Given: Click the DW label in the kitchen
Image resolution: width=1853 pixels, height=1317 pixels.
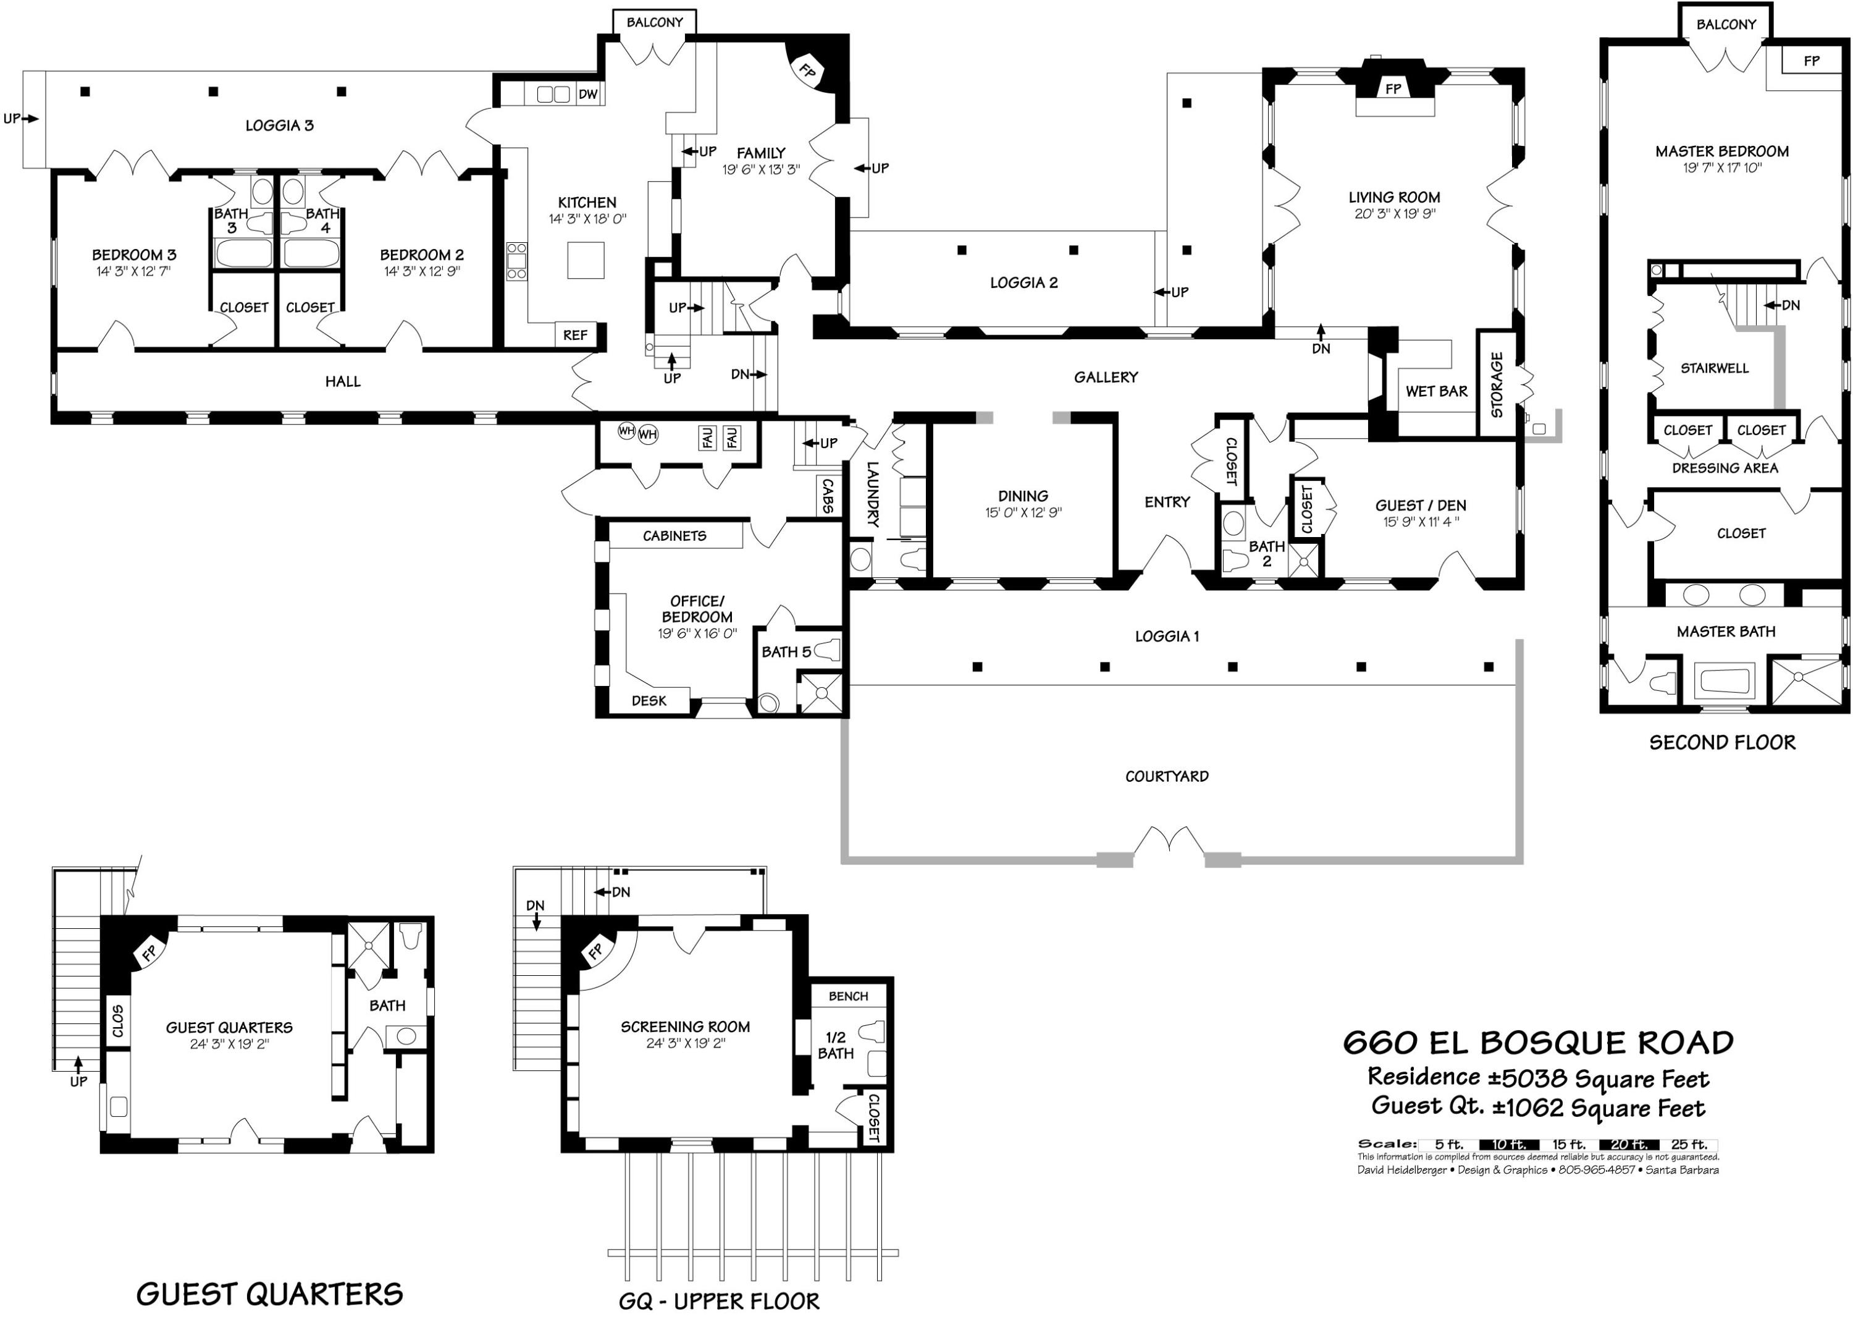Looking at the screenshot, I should click(x=587, y=94).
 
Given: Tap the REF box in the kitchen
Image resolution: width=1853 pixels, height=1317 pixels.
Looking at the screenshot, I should click(x=574, y=335).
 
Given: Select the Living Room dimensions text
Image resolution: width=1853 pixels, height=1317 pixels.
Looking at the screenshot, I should click(x=1394, y=214).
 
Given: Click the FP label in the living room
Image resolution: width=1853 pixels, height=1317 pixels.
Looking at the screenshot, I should click(x=1393, y=88).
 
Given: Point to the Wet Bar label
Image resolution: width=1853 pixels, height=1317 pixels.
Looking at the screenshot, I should click(x=1436, y=391).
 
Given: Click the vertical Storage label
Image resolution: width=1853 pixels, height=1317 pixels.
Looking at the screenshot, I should click(x=1497, y=384).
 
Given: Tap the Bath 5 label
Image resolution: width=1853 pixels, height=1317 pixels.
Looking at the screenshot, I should click(x=786, y=652).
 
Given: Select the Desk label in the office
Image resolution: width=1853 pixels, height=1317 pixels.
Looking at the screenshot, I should click(x=649, y=701).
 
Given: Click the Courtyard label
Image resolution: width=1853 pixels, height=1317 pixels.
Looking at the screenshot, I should click(x=1166, y=776).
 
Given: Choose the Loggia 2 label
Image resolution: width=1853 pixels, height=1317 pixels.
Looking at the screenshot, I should click(x=1023, y=282).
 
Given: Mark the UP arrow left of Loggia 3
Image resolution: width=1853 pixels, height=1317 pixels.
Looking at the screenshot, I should click(x=20, y=119).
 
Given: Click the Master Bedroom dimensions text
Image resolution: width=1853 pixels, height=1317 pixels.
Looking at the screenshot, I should click(x=1721, y=169).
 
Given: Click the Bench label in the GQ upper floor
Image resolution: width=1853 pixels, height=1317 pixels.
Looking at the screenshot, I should click(x=848, y=996).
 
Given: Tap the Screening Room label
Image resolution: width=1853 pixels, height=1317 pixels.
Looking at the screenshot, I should click(x=685, y=1027).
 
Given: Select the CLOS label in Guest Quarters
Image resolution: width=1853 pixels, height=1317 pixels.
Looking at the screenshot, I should click(x=117, y=1020).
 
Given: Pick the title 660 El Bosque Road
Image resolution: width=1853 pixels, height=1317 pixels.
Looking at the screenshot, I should click(x=1538, y=1042).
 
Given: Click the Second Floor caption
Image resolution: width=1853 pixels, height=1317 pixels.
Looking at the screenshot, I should click(x=1723, y=742).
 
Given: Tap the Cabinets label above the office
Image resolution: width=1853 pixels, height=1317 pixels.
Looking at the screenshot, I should click(x=674, y=535).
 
